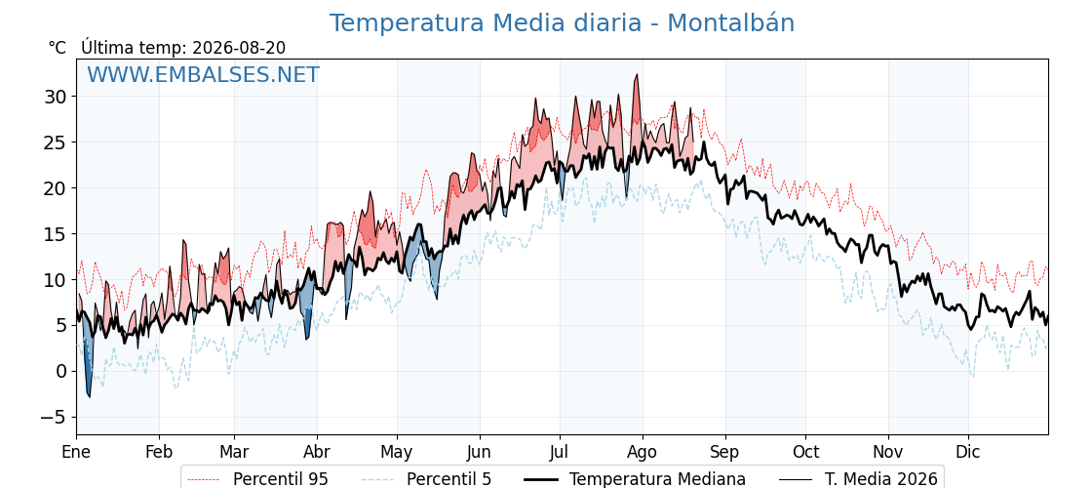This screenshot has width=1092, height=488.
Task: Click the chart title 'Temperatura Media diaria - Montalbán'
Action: pyautogui.click(x=562, y=23)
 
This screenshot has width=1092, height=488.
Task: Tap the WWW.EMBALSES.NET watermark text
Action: pyautogui.click(x=204, y=74)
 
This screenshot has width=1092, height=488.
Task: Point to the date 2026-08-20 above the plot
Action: pyautogui.click(x=239, y=48)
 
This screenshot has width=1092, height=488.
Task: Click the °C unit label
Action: pyautogui.click(x=58, y=48)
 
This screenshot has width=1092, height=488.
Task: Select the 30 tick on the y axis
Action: pyautogui.click(x=58, y=97)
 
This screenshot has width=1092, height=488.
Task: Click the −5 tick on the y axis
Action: pyautogui.click(x=54, y=417)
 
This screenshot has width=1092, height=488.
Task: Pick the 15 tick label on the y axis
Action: pyautogui.click(x=58, y=233)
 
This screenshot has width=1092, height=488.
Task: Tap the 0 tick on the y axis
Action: pyautogui.click(x=62, y=371)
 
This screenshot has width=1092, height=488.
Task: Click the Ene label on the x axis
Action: pyautogui.click(x=76, y=452)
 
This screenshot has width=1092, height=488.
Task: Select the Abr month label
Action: pyautogui.click(x=317, y=452)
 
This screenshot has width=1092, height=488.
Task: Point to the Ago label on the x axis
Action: pyautogui.click(x=642, y=452)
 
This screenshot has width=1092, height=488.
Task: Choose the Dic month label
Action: pyautogui.click(x=968, y=452)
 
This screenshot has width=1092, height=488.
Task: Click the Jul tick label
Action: pyautogui.click(x=560, y=452)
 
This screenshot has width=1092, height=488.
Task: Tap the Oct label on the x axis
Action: pyautogui.click(x=805, y=452)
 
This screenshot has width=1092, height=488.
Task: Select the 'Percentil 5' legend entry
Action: pyautogui.click(x=426, y=479)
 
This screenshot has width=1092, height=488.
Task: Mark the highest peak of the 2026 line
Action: pyautogui.click(x=636, y=74)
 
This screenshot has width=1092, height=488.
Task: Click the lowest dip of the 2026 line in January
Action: pyautogui.click(x=89, y=397)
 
